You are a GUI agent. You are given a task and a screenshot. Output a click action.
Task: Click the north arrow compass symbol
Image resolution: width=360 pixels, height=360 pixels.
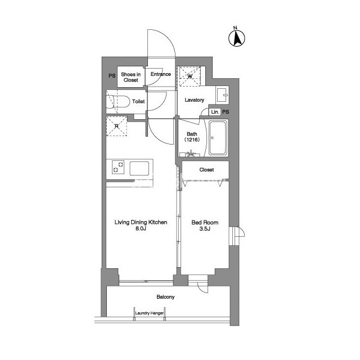(237, 37)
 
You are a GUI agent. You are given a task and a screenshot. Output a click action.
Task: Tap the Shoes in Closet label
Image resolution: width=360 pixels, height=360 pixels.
(130, 77)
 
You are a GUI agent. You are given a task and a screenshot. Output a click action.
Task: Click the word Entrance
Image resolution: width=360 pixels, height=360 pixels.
(161, 74)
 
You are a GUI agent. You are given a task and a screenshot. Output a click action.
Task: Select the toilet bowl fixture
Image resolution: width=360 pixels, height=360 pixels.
(118, 101)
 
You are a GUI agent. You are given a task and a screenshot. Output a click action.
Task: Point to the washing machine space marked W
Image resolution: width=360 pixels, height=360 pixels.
(190, 76)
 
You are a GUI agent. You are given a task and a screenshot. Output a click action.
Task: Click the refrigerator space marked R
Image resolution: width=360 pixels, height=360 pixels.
(116, 126)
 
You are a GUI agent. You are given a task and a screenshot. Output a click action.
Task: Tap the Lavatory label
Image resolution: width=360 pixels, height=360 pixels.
(194, 100)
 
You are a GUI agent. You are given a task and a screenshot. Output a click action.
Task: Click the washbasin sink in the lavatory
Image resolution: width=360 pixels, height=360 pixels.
(222, 95)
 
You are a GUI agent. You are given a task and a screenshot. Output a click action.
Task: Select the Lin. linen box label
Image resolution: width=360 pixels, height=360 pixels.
(215, 112)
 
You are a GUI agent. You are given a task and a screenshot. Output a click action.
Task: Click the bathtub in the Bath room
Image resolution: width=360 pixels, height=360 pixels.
(218, 138)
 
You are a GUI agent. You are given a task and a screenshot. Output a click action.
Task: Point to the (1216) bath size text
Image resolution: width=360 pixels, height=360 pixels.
(192, 139)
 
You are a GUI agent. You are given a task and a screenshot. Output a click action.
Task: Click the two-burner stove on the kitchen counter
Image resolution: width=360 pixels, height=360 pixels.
(118, 167)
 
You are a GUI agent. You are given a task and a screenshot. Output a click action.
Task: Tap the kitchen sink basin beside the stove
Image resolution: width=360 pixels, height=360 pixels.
(139, 168)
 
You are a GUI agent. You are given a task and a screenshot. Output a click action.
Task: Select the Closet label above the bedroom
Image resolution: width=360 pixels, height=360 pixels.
(206, 170)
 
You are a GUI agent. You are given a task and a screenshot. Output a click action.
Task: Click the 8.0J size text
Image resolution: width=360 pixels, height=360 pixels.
(141, 228)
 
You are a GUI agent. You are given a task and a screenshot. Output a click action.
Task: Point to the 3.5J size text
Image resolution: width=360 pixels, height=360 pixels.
(205, 229)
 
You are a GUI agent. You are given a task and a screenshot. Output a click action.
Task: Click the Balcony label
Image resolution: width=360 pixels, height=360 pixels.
(165, 297)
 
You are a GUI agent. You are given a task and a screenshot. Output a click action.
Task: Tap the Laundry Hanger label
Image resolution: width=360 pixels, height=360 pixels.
(150, 313)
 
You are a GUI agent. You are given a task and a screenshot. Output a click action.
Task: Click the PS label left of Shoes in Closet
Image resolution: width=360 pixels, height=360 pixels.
(112, 75)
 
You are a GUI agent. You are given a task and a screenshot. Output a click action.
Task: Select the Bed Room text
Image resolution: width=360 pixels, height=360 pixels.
(205, 222)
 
